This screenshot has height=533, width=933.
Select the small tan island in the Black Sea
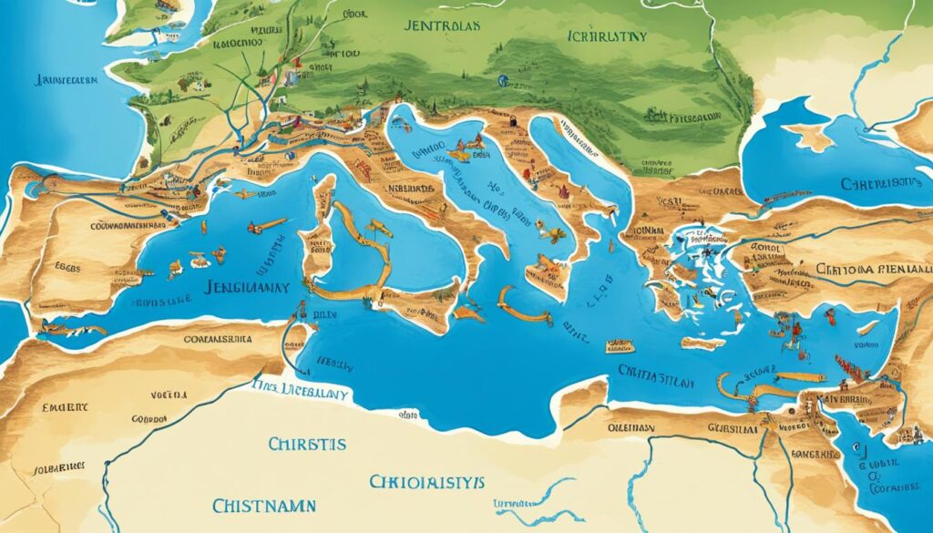point(809,136)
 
